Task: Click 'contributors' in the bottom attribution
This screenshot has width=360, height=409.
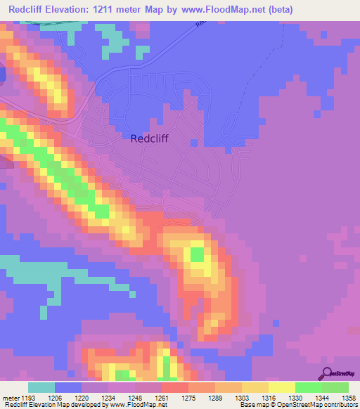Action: (x=340, y=405)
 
